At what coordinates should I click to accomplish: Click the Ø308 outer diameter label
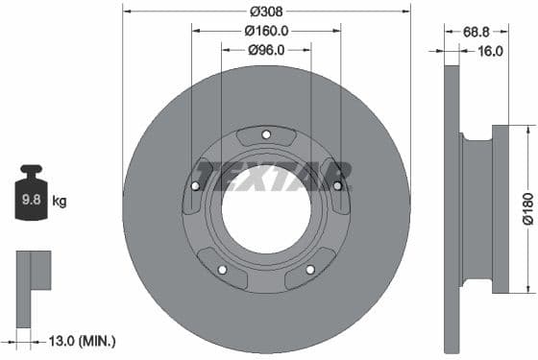point(266,12)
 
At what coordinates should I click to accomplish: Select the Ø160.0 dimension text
point(266,31)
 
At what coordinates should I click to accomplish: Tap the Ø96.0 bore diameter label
point(266,51)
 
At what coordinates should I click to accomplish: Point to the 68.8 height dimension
point(476,32)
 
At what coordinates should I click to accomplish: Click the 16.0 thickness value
point(489,51)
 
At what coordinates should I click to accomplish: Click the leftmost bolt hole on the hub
point(197,186)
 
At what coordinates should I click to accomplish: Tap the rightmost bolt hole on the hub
point(336,186)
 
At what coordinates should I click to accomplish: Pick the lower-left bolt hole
point(224,270)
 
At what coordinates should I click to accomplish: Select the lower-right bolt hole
point(309,270)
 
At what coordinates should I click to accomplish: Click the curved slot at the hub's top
point(266,138)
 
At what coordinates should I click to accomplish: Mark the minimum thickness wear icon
point(32,272)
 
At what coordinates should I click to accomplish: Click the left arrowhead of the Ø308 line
point(126,12)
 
